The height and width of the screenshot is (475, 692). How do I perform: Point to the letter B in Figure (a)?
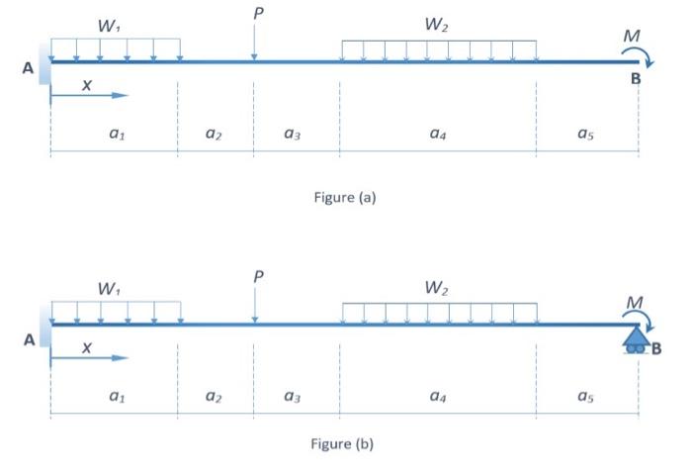636,78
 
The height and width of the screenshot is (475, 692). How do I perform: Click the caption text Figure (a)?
343,197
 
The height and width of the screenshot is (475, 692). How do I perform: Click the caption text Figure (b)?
343,444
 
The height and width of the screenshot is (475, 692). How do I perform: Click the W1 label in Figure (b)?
111,289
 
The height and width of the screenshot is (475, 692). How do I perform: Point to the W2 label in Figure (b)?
437,289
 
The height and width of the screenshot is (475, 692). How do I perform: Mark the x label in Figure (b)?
88,347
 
